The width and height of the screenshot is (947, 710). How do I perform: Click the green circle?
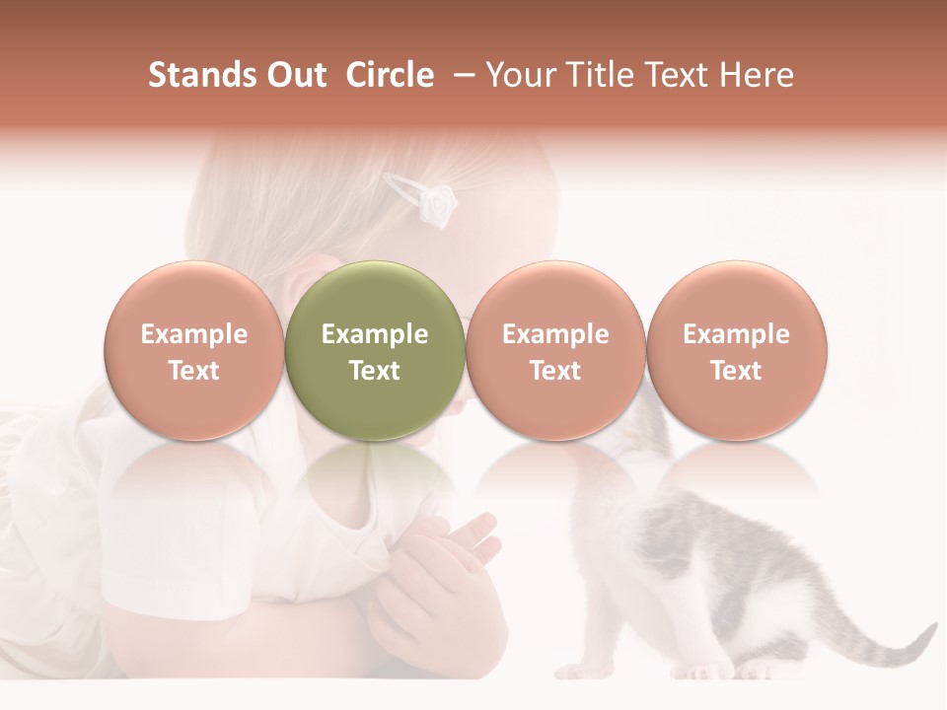tap(375, 350)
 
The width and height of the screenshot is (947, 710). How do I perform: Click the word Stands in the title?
tap(200, 75)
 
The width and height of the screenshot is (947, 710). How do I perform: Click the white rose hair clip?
tap(435, 205)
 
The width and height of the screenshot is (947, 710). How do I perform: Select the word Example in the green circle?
tap(375, 334)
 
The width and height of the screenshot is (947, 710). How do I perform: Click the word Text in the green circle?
tap(375, 371)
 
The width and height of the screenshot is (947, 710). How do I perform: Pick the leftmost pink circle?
tap(194, 350)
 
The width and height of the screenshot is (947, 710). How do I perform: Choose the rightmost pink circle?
tap(736, 350)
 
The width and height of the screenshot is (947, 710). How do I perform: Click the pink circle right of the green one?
tap(555, 350)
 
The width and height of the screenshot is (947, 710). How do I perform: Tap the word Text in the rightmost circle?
tap(736, 371)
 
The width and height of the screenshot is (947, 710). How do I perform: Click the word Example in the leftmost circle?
tap(194, 334)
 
